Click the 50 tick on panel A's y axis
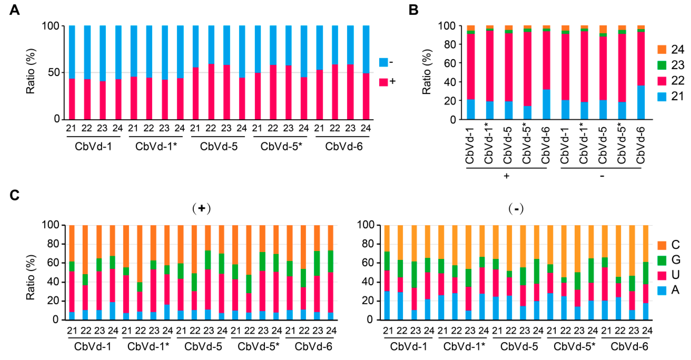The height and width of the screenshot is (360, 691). pyautogui.click(x=54, y=72)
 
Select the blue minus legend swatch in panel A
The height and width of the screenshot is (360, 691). pyautogui.click(x=383, y=62)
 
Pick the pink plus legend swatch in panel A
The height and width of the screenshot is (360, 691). pyautogui.click(x=383, y=82)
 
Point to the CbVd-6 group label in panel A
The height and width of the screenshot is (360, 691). pyautogui.click(x=344, y=146)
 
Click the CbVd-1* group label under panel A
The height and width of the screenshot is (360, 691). pyautogui.click(x=156, y=146)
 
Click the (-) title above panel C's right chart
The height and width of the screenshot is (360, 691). pyautogui.click(x=516, y=209)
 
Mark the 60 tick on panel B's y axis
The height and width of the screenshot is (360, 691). pyautogui.click(x=450, y=63)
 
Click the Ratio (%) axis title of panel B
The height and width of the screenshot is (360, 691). pyautogui.click(x=427, y=72)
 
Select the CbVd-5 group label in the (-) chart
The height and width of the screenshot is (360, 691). pyautogui.click(x=519, y=347)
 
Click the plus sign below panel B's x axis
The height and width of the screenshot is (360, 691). pyautogui.click(x=507, y=176)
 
